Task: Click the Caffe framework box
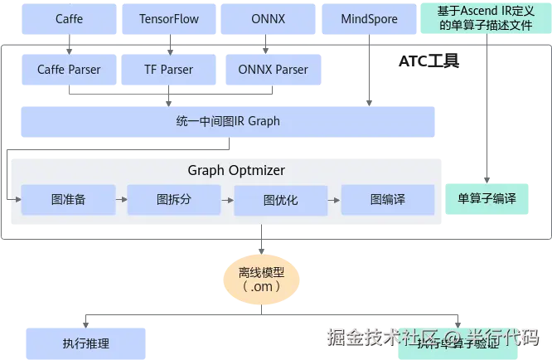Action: (x=69, y=19)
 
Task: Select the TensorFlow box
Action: (x=169, y=19)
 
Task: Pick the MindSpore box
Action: (x=369, y=19)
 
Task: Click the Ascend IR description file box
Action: (x=486, y=18)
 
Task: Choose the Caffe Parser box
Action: (x=69, y=70)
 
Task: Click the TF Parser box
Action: (x=169, y=70)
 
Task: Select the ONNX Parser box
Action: (x=273, y=70)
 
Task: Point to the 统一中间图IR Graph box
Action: (x=228, y=121)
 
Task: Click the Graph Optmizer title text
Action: (x=236, y=171)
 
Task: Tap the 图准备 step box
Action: (x=69, y=200)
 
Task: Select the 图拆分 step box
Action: (x=174, y=200)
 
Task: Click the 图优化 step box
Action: (x=281, y=201)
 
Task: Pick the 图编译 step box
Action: (x=387, y=200)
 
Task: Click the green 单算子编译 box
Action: (x=487, y=199)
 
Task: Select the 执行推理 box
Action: (x=85, y=343)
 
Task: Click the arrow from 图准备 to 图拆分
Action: (x=121, y=200)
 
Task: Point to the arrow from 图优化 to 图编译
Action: (x=334, y=200)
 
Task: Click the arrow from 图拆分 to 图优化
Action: (x=227, y=200)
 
